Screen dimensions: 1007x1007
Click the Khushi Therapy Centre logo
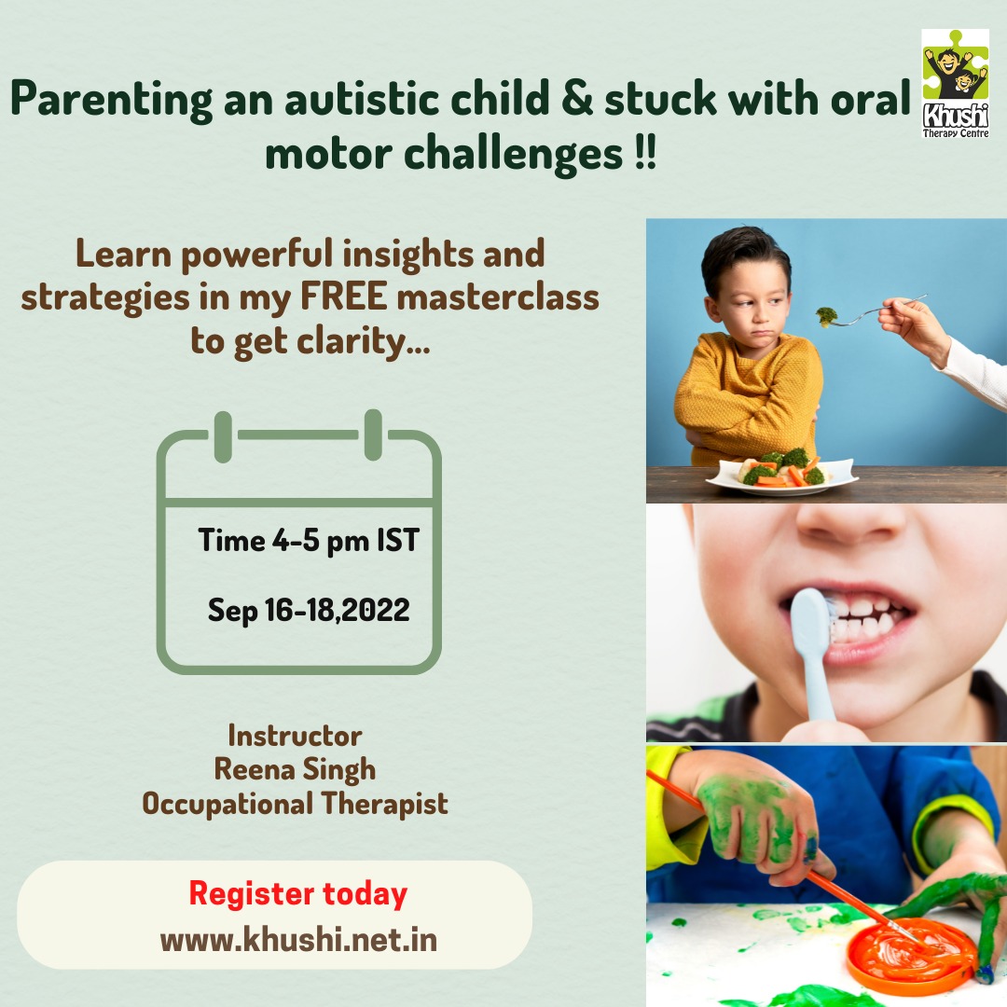(955, 84)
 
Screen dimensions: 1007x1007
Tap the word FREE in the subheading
(343, 297)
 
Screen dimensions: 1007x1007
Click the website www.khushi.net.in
(298, 940)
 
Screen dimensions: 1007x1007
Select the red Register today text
(298, 894)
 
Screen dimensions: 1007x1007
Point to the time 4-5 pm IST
(309, 540)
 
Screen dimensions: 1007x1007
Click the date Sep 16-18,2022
(309, 610)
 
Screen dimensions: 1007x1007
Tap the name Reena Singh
(295, 770)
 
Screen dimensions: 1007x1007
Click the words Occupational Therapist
(295, 804)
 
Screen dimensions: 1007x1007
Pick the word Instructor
(295, 736)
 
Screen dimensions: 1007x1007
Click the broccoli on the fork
(826, 317)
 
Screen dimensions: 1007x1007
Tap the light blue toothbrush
(811, 655)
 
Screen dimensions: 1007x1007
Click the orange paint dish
(911, 958)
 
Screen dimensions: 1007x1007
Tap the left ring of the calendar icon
(223, 436)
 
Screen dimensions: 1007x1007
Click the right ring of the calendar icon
(373, 435)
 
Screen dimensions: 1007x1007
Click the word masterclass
(498, 297)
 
